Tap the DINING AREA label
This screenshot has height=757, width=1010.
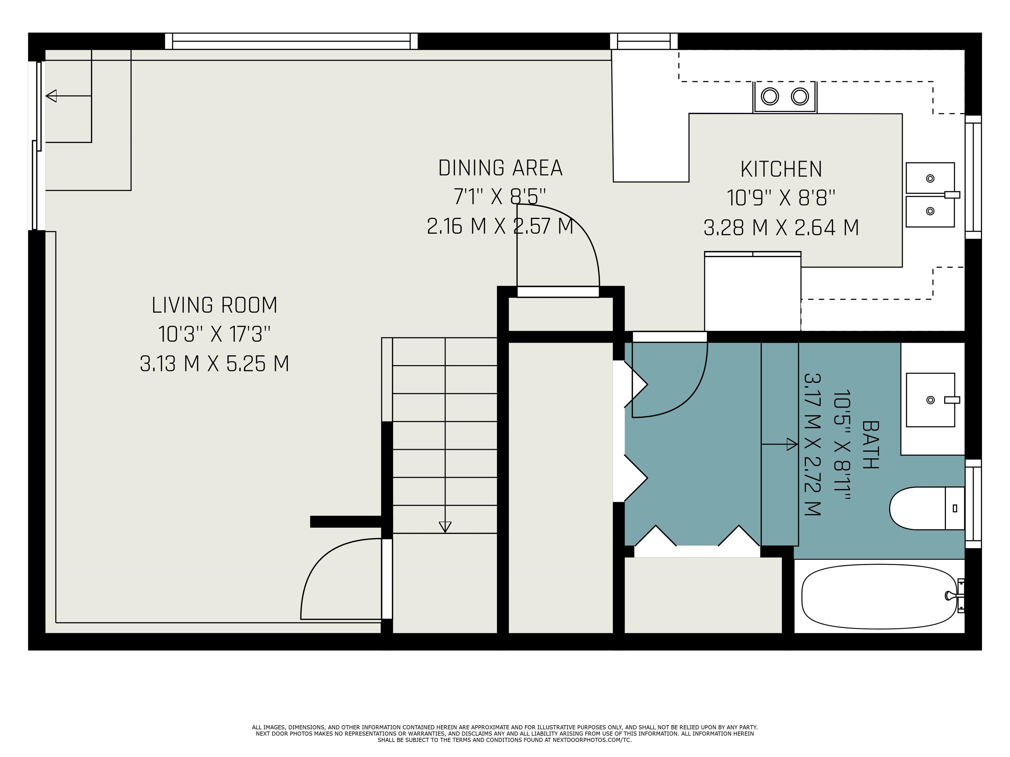point(500,168)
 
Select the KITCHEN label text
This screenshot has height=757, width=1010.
point(781,169)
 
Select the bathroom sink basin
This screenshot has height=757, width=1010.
point(930,400)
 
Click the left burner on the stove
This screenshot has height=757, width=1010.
point(770,97)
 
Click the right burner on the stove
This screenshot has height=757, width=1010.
point(800,97)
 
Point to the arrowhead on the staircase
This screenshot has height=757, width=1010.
point(445,527)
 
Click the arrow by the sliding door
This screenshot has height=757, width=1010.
point(52,96)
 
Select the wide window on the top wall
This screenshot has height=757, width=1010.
point(291,41)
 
